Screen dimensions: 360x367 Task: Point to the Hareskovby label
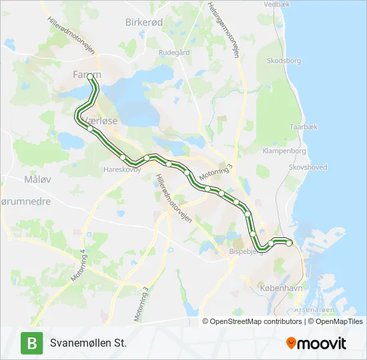[122, 169]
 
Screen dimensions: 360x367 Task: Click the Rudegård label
[174, 53]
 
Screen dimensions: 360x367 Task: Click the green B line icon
[31, 343]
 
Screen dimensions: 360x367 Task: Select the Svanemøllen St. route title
[87, 343]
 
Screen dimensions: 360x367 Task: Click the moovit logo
[316, 343]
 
